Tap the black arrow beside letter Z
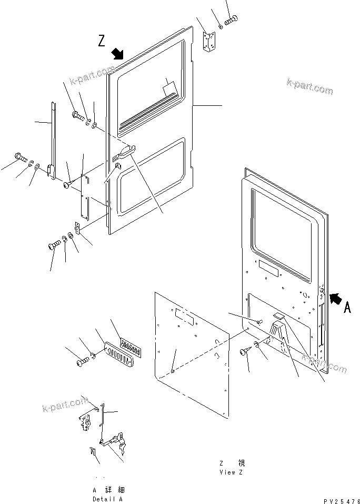point(117,54)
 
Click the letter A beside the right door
point(347,308)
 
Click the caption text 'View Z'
point(231,472)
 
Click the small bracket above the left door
point(209,41)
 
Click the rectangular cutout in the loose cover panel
point(184,316)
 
